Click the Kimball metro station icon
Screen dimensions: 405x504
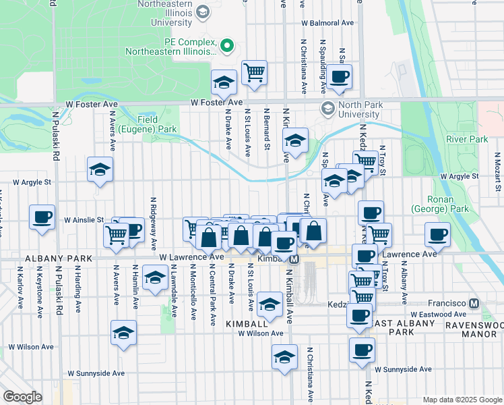(x=294, y=259)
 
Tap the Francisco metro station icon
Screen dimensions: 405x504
(x=475, y=304)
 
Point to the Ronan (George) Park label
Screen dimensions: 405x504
(x=448, y=205)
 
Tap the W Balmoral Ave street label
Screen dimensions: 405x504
(x=327, y=22)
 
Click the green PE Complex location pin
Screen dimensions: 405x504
(x=227, y=47)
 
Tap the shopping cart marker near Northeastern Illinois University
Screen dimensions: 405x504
(x=254, y=72)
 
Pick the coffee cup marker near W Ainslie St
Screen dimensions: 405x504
(x=42, y=218)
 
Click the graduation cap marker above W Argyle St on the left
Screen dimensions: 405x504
(x=100, y=169)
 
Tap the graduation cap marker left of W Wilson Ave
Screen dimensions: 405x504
(x=124, y=333)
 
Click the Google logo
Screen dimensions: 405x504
(x=22, y=397)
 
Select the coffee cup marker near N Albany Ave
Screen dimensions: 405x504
(x=437, y=236)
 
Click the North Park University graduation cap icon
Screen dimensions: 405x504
(x=328, y=109)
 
